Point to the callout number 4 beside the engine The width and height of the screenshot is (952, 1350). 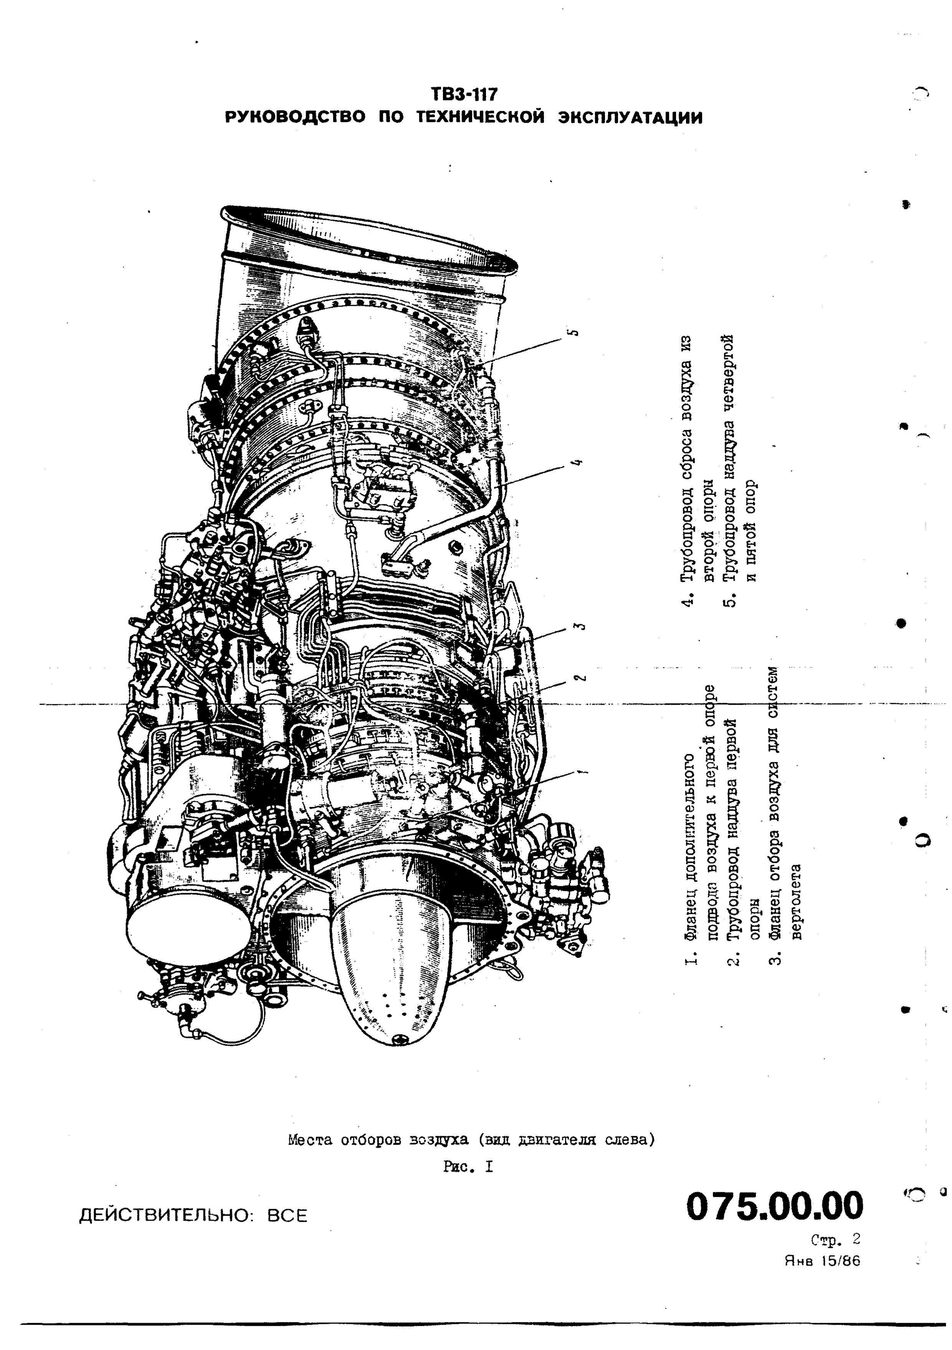pyautogui.click(x=577, y=461)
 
